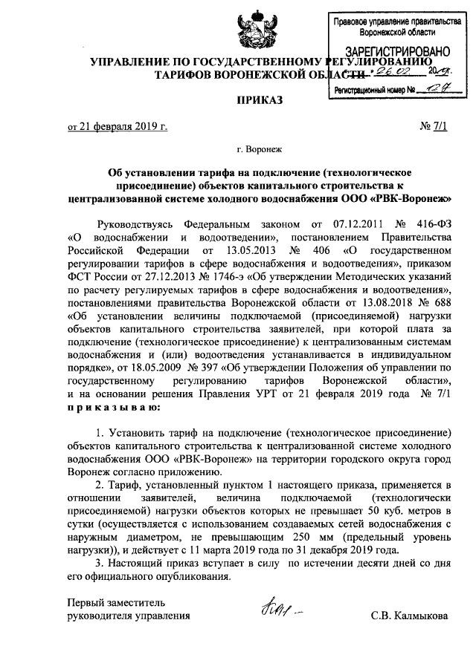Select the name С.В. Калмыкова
click(411, 616)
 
